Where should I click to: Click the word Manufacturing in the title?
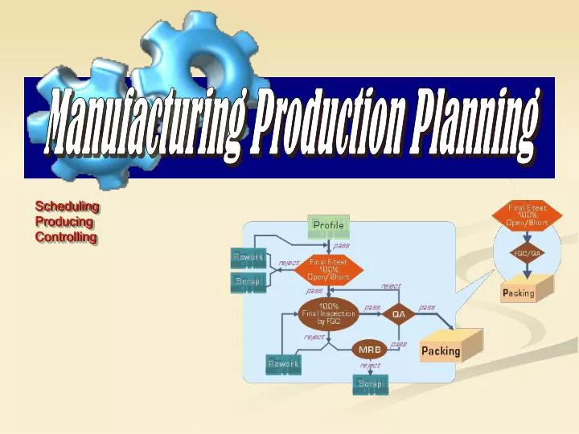[145, 125]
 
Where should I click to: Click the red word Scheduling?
[67, 207]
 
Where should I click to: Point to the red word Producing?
[64, 222]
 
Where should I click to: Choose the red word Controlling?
[66, 237]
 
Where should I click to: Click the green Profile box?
[329, 226]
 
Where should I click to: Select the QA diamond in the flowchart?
[399, 314]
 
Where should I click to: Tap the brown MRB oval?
[369, 349]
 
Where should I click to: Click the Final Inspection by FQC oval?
[328, 313]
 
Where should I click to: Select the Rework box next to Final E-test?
[248, 257]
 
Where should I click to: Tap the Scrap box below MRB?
[371, 384]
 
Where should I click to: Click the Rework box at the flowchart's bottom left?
[283, 364]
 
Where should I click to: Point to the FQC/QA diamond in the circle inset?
[528, 253]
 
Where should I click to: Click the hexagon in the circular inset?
[528, 215]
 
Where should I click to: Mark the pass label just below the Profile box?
[342, 246]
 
